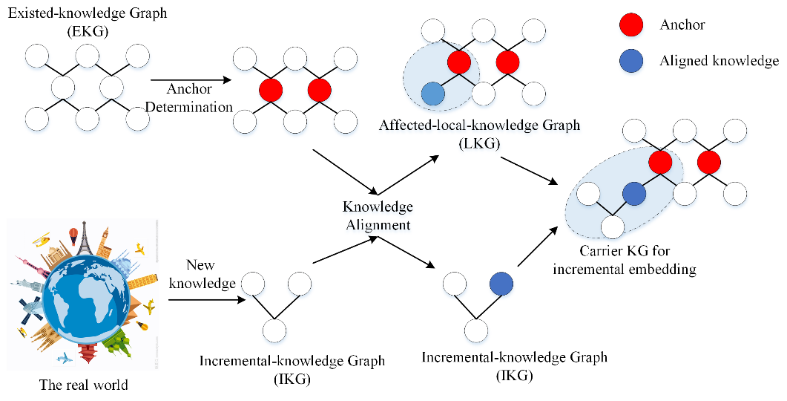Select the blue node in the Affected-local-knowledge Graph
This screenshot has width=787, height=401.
(433, 94)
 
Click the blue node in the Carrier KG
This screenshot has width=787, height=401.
(634, 195)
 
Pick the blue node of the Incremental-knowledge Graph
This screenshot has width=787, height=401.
(501, 283)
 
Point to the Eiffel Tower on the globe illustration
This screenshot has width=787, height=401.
(86, 241)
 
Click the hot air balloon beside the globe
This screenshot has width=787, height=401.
(73, 236)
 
